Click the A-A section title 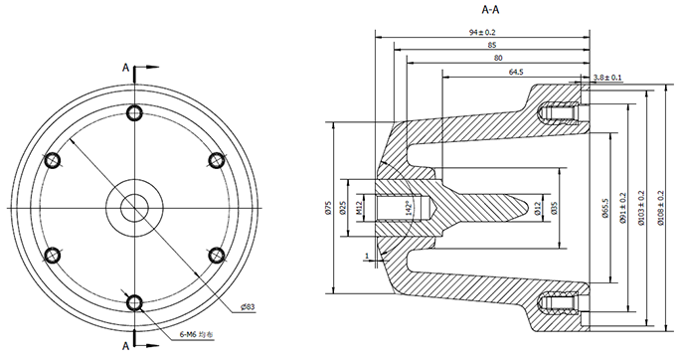pyautogui.click(x=490, y=10)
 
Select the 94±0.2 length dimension pyautogui.click(x=482, y=33)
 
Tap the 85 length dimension pyautogui.click(x=492, y=45)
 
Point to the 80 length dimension pyautogui.click(x=498, y=58)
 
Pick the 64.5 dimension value pyautogui.click(x=516, y=72)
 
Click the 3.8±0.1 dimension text pyautogui.click(x=607, y=78)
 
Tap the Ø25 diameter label pyautogui.click(x=343, y=208)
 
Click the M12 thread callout pyautogui.click(x=359, y=208)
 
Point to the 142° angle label pyautogui.click(x=407, y=208)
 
